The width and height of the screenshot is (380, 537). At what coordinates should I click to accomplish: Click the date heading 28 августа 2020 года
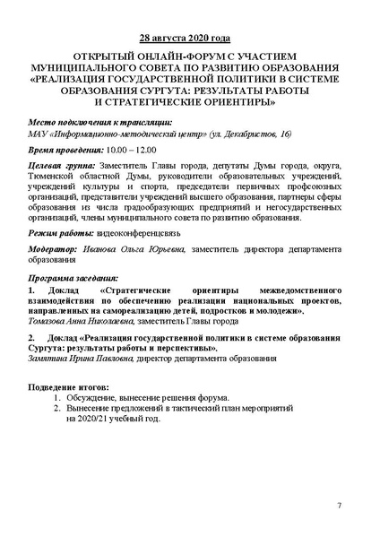[x=190, y=40]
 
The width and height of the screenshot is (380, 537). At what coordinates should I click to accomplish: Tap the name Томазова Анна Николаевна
[x=81, y=320]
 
